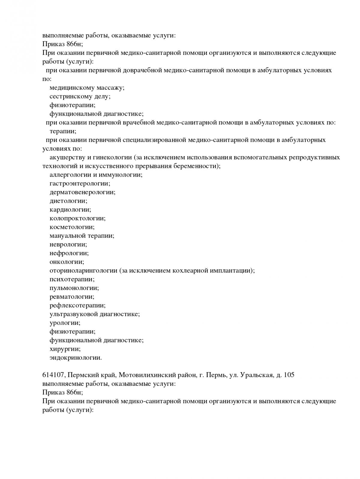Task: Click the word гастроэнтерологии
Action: (80, 184)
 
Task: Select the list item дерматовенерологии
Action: (82, 192)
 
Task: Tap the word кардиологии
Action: (70, 210)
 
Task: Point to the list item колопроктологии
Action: (77, 218)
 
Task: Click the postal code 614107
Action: (54, 375)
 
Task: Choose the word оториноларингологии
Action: (83, 271)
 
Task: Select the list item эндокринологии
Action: (76, 358)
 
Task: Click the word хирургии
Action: (65, 349)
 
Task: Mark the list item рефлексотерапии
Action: (77, 305)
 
